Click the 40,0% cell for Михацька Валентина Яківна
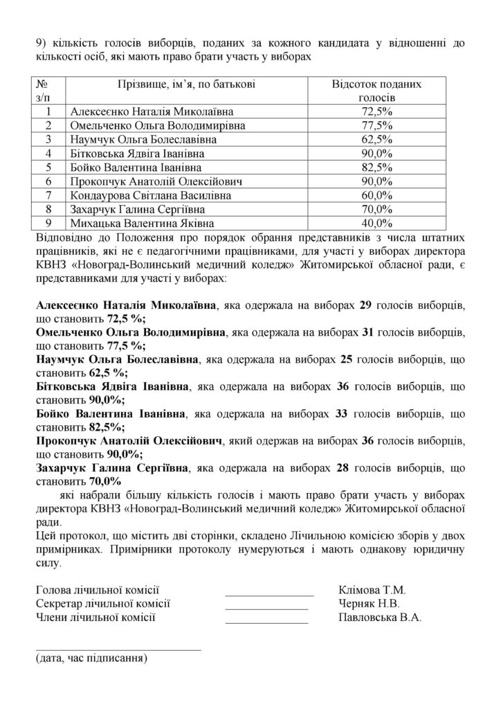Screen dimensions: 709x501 (x=377, y=223)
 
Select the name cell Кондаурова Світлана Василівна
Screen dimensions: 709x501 (x=147, y=195)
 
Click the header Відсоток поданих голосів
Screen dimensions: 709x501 (x=377, y=91)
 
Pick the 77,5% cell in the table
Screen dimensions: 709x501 (x=377, y=125)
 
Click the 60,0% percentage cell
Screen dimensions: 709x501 (x=377, y=195)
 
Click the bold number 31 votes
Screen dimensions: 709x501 (x=368, y=332)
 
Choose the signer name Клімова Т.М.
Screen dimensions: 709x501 (x=372, y=591)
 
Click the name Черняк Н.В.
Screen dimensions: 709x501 (x=367, y=604)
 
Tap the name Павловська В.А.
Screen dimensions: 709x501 (x=380, y=617)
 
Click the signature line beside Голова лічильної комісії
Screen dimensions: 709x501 (x=269, y=594)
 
